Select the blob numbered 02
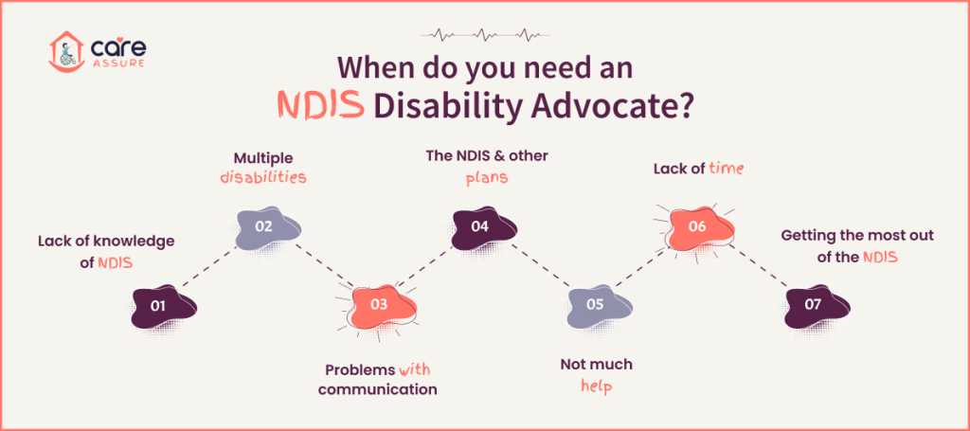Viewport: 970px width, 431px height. (x=267, y=226)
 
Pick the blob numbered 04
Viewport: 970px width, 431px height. (x=482, y=226)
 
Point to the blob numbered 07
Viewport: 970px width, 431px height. (x=817, y=305)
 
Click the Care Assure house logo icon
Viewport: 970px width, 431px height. (x=66, y=51)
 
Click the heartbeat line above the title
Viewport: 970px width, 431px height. (x=484, y=37)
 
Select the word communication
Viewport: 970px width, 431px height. (x=378, y=388)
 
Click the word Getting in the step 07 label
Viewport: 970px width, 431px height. (x=807, y=235)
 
